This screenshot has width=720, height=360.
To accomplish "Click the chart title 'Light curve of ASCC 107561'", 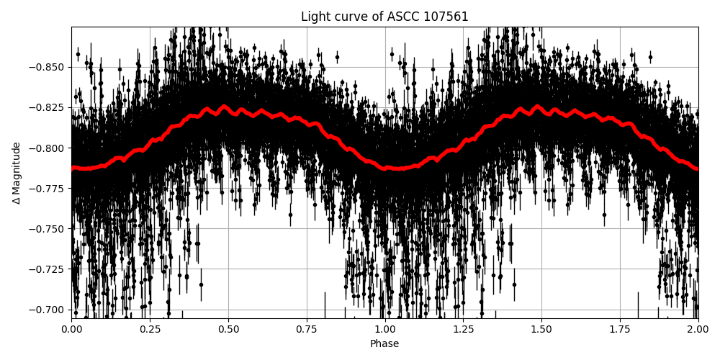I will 384,17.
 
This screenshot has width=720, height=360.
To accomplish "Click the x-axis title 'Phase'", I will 384,344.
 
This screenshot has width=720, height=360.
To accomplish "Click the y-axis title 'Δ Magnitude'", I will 17,173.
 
